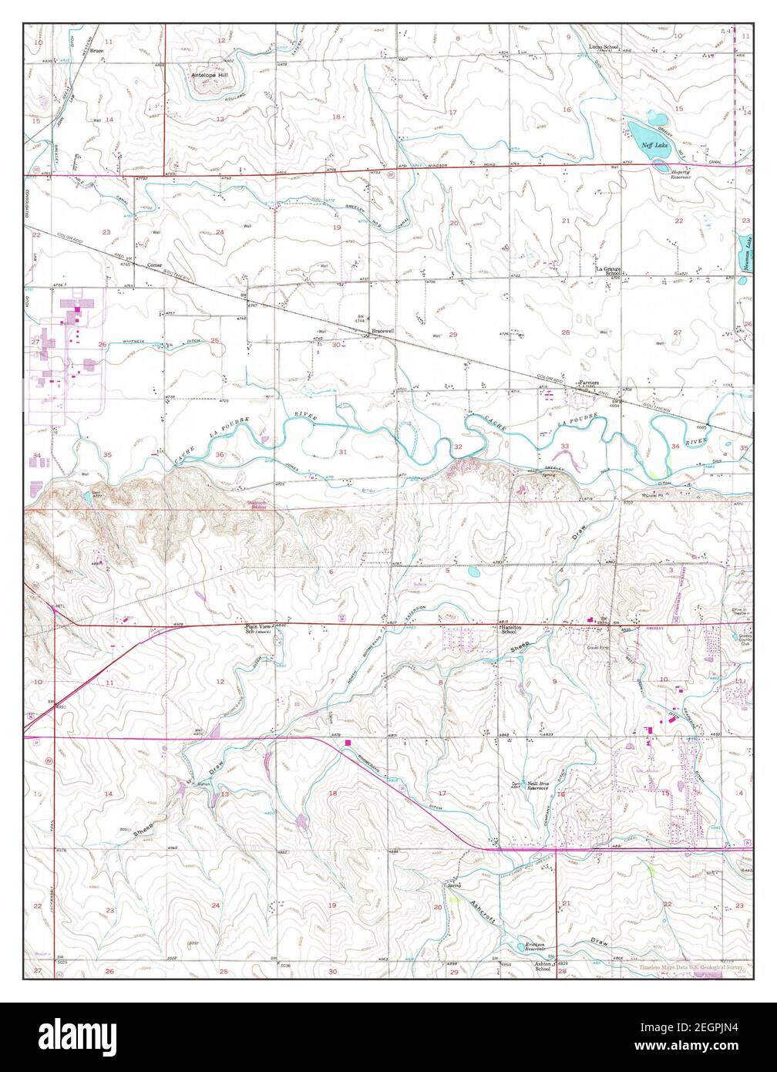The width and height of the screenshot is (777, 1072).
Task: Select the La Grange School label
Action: click(x=607, y=271)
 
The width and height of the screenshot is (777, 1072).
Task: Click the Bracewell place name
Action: click(x=382, y=332)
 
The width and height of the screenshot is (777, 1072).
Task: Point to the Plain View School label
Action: click(x=258, y=629)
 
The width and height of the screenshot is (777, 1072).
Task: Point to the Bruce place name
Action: click(x=96, y=51)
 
